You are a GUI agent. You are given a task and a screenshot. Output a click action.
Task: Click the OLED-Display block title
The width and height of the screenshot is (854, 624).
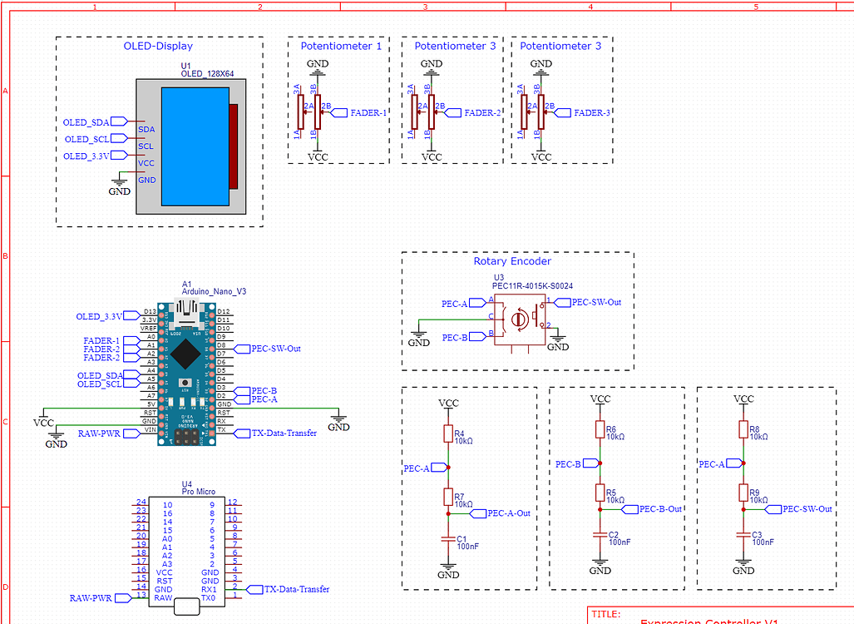pyautogui.click(x=158, y=47)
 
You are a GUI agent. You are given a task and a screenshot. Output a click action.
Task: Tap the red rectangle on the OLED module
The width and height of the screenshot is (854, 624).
pyautogui.click(x=234, y=146)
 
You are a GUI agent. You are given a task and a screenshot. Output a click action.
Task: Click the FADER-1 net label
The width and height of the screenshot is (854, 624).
pyautogui.click(x=367, y=113)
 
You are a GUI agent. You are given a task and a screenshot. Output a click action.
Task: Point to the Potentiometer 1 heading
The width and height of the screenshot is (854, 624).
pyautogui.click(x=341, y=47)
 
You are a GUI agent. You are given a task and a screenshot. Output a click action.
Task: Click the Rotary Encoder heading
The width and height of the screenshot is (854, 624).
pyautogui.click(x=512, y=261)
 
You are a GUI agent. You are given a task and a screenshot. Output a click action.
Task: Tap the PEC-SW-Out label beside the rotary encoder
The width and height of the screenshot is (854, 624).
pyautogui.click(x=595, y=302)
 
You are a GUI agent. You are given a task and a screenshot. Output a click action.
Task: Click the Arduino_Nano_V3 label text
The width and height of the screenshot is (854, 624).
pyautogui.click(x=214, y=292)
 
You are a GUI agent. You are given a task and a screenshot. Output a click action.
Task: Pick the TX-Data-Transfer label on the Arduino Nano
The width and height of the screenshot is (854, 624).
pyautogui.click(x=284, y=433)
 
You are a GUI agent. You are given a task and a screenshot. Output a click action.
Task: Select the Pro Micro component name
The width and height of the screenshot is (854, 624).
pyautogui.click(x=198, y=493)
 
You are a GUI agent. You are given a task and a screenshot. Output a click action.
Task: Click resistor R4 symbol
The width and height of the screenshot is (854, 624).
pyautogui.click(x=448, y=433)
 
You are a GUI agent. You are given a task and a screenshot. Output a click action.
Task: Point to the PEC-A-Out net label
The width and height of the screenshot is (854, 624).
pyautogui.click(x=509, y=513)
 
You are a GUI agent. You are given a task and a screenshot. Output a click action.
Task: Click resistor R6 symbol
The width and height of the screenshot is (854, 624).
pyautogui.click(x=600, y=429)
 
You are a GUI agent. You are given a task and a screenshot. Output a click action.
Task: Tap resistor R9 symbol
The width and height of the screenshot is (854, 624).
pyautogui.click(x=743, y=493)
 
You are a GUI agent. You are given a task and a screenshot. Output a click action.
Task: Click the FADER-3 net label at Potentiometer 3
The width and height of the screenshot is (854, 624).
pyautogui.click(x=592, y=113)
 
